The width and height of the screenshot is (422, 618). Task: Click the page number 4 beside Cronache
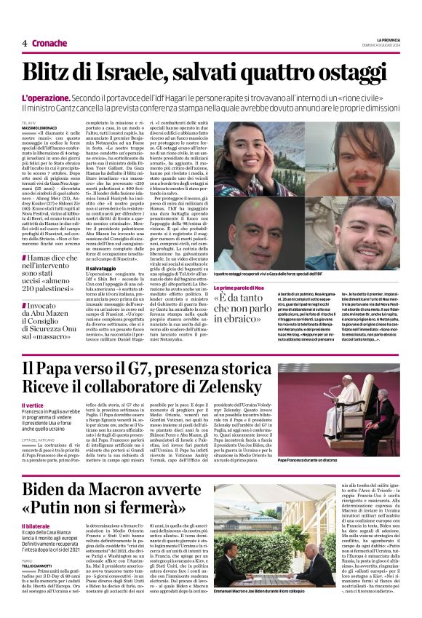click(24, 43)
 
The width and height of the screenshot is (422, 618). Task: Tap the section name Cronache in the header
click(50, 43)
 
